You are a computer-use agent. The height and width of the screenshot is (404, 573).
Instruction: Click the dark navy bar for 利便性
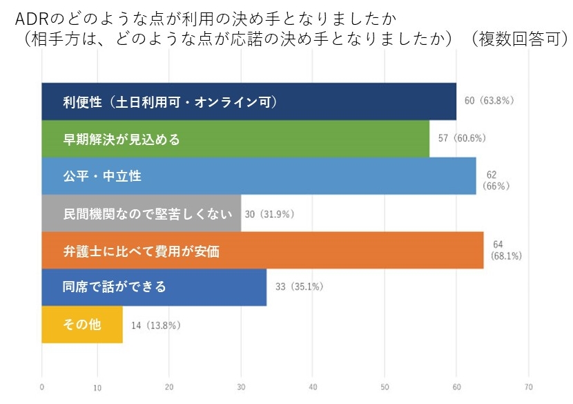point(249,102)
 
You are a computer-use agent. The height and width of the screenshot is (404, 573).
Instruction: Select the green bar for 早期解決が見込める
point(235,139)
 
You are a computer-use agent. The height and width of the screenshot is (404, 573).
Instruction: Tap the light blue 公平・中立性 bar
point(259,176)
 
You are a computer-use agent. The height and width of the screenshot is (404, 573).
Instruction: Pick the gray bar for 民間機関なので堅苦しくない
point(142,213)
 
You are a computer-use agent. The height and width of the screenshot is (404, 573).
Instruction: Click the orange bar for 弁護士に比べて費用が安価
point(263,251)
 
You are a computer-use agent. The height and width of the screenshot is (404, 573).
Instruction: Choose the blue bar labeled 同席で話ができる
point(154,287)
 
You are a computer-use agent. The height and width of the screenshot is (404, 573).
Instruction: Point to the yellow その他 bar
point(82,325)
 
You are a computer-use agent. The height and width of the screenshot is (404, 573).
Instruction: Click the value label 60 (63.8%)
point(489,100)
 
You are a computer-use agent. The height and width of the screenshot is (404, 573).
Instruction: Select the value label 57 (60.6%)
point(462,138)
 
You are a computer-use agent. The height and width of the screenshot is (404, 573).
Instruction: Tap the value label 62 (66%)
point(496,180)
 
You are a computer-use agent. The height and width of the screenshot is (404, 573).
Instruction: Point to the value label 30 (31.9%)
point(270,214)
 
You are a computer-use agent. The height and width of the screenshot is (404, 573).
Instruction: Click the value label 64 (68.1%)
point(506,250)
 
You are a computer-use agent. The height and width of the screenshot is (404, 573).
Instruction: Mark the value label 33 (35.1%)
point(300,287)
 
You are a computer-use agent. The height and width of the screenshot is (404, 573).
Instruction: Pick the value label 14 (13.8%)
point(156,325)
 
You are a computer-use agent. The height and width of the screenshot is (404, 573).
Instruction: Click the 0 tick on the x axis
point(42,387)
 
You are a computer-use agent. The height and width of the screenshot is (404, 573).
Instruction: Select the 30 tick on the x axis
point(241,387)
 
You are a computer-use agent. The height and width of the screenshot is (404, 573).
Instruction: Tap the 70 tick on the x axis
point(528,387)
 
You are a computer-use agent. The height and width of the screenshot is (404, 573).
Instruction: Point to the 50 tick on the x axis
point(385,387)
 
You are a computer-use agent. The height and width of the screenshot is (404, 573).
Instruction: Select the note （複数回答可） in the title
point(519,39)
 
